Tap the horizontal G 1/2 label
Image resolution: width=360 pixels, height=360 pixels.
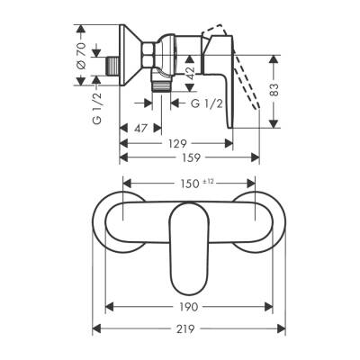click(208, 105)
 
